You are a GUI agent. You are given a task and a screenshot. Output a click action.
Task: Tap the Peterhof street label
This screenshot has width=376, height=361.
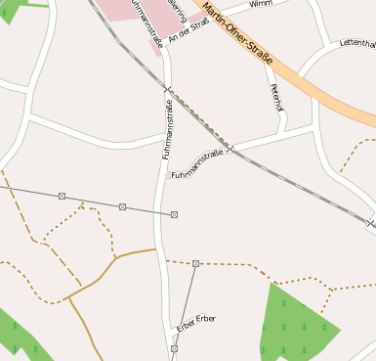pyautogui.click(x=275, y=98)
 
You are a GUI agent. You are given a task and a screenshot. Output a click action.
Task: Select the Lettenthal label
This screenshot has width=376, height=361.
pyautogui.click(x=357, y=44)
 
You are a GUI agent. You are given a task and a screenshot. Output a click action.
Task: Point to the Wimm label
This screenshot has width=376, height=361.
pyautogui.click(x=261, y=5)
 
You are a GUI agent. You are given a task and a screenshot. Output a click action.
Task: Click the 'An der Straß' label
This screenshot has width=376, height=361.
pyautogui.click(x=188, y=29)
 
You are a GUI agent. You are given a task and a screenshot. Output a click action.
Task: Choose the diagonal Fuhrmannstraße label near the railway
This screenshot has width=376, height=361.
pyautogui.click(x=197, y=163)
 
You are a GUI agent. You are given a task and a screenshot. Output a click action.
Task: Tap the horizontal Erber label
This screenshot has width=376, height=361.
pyautogui.click(x=205, y=319)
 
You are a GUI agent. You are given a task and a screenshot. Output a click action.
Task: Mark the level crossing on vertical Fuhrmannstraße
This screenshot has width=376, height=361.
pyautogui.click(x=168, y=91)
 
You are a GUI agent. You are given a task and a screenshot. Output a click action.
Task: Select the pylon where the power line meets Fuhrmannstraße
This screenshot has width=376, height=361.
pyautogui.click(x=174, y=214)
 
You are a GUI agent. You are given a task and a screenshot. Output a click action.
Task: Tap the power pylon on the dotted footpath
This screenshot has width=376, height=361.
pyautogui.click(x=195, y=263)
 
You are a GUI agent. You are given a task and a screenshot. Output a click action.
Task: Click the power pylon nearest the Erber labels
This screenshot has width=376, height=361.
pyautogui.click(x=174, y=348)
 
